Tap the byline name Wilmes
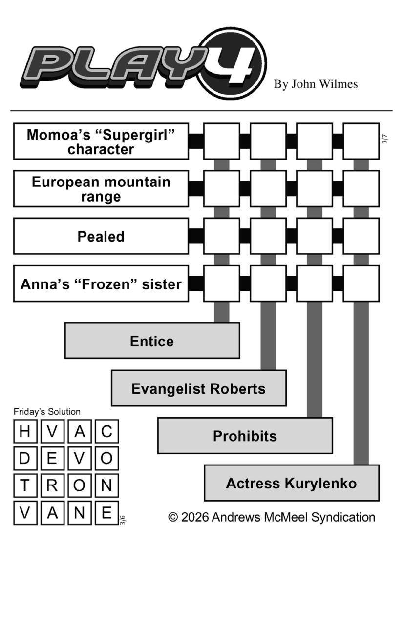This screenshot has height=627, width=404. coord(338,84)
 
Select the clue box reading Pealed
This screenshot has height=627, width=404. coord(101,236)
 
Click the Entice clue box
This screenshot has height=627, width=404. coord(152,341)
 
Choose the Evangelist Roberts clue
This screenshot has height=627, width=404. coord(198,388)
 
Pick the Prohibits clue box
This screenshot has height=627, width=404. coord(245,436)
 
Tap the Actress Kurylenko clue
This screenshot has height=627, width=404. coord(291,483)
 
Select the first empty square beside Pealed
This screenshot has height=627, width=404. coord(221,236)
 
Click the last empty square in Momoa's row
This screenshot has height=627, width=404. coord(361,142)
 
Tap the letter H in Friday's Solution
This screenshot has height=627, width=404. coord(25,431)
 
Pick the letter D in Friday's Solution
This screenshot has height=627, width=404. coord(25,458)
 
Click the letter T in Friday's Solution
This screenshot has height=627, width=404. coord(25,485)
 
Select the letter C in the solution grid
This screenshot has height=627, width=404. coord(106,431)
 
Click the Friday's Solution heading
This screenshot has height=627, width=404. coord(47,412)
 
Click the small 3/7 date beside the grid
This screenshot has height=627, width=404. coord(385,139)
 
